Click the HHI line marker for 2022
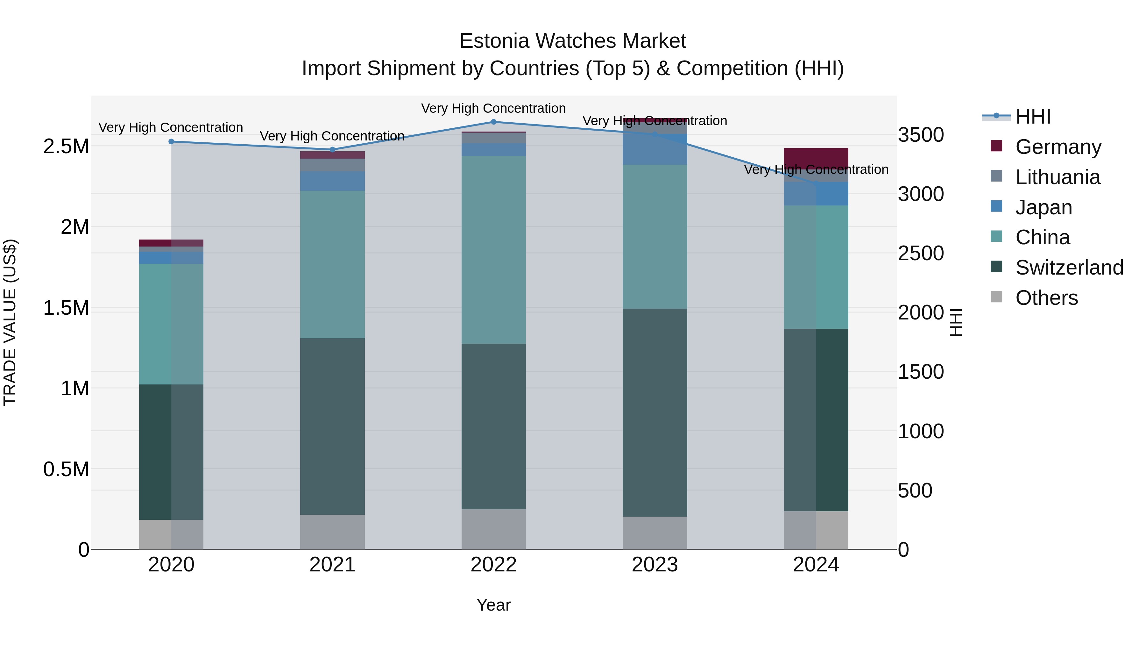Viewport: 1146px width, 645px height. coord(493,122)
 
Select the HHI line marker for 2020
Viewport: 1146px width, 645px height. coord(171,141)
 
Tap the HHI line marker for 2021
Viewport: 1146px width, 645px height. coord(332,150)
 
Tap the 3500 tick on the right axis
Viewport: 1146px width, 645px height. coord(920,134)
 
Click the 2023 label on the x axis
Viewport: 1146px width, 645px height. coord(654,565)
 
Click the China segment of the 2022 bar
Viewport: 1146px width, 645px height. coord(493,249)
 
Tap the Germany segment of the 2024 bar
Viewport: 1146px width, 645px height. coord(816,157)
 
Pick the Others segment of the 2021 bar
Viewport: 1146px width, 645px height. coord(332,532)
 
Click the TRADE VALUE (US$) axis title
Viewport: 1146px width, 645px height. coord(10,322)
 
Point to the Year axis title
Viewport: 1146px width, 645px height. coord(493,605)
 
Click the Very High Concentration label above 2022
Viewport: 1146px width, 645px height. coord(493,108)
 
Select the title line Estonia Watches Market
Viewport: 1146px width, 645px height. coord(573,41)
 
